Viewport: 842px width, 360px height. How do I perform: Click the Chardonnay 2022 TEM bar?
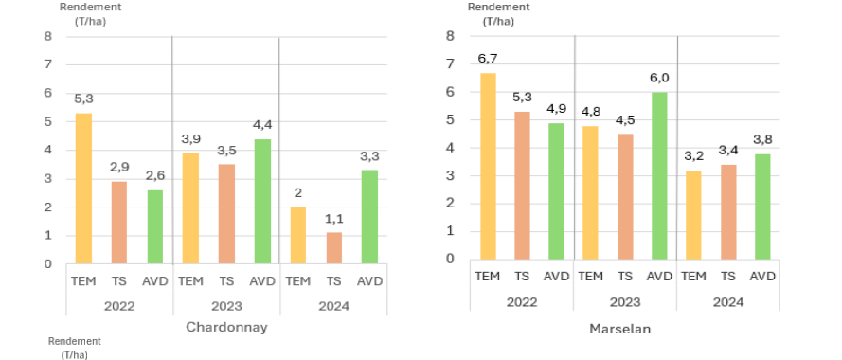(83, 189)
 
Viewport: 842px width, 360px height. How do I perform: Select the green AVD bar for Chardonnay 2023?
(262, 201)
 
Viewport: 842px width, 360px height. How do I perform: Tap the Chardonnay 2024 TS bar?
(333, 247)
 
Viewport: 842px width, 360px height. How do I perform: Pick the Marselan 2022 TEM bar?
(488, 166)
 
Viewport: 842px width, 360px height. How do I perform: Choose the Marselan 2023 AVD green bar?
(658, 175)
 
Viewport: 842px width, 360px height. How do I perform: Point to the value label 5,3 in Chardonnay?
(83, 98)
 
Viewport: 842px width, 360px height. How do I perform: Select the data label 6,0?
(658, 78)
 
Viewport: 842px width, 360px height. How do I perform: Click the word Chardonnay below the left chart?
(226, 327)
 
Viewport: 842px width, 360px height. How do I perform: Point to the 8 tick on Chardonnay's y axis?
(47, 37)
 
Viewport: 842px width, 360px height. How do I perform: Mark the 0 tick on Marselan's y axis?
(451, 258)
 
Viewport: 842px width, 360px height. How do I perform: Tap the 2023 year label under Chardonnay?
(226, 305)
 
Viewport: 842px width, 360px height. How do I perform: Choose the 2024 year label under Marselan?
(727, 300)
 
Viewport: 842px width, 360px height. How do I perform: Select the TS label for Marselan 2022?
(522, 276)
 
